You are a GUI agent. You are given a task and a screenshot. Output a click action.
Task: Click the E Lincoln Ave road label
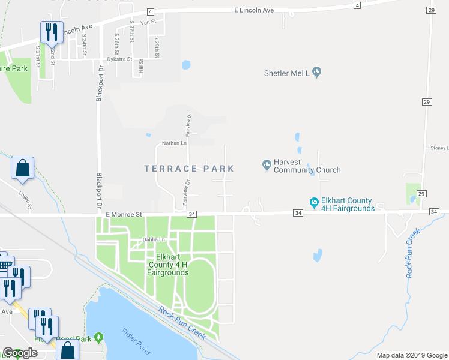pyautogui.click(x=253, y=11)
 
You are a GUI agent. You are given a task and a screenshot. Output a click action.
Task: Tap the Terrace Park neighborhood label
pyautogui.click(x=189, y=169)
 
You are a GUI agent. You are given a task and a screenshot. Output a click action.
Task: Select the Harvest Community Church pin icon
pyautogui.click(x=267, y=164)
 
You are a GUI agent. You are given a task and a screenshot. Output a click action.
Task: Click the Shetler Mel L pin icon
pyautogui.click(x=317, y=73)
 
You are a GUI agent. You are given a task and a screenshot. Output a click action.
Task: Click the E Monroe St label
pyautogui.click(x=123, y=214)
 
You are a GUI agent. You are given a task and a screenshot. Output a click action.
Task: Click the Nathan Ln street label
pyautogui.click(x=175, y=143)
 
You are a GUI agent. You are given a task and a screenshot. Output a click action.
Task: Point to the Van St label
pyautogui.click(x=148, y=22)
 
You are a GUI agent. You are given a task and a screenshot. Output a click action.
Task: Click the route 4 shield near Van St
pyautogui.click(x=150, y=12)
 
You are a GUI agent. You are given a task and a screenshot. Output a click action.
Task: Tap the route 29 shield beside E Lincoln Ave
pyautogui.click(x=431, y=10)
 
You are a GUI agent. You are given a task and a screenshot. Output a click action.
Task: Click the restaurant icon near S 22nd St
pyautogui.click(x=51, y=32)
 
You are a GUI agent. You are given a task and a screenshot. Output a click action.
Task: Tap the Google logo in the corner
pyautogui.click(x=20, y=353)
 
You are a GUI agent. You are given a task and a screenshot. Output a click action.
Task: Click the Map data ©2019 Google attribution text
pyautogui.click(x=412, y=355)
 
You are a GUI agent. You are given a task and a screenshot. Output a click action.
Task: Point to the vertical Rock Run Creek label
pyautogui.click(x=411, y=252)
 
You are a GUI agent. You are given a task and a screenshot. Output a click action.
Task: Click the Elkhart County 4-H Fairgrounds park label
pyautogui.click(x=169, y=265)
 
